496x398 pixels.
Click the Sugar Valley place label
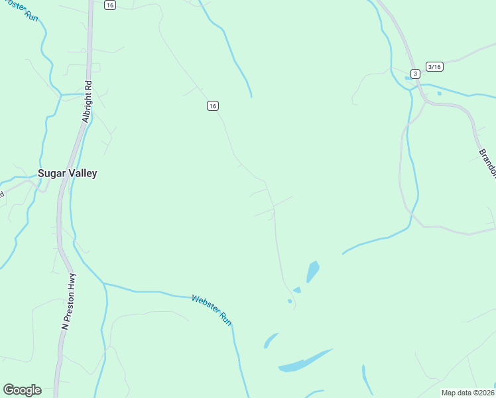coord(68,174)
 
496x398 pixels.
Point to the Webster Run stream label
coord(212,310)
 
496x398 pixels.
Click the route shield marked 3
coord(415,73)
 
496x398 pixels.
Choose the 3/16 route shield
coord(434,67)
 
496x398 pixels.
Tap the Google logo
coord(22,390)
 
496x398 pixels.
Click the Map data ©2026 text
coord(468,393)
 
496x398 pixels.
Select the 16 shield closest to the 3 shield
coord(212,106)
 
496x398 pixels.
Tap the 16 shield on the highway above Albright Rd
coord(110,5)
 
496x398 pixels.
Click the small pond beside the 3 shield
coord(407,78)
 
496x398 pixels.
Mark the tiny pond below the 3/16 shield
coord(439,94)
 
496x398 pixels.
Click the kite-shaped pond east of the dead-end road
coord(312,271)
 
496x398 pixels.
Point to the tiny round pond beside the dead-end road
coord(290,301)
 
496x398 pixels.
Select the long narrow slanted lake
coord(305,361)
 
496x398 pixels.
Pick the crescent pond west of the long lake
coord(270,340)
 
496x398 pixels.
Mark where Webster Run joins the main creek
coord(104,284)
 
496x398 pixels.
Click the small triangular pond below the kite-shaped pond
coord(297,290)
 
